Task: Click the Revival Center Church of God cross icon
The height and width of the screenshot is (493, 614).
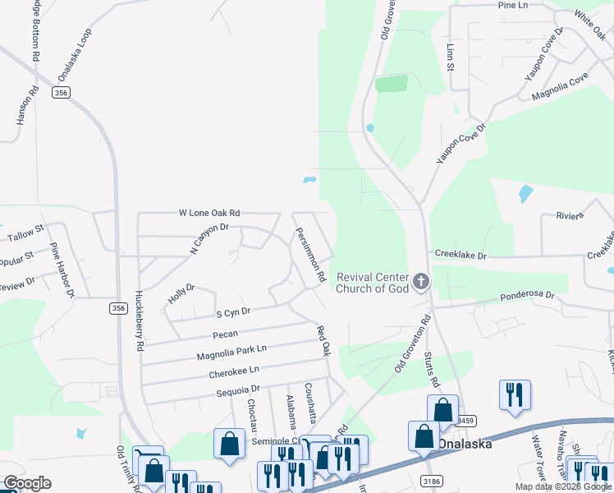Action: click(x=421, y=283)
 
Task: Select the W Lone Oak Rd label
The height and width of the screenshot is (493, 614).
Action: click(x=209, y=212)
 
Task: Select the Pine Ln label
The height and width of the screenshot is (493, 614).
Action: click(x=512, y=5)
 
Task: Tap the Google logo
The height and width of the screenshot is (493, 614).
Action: click(x=27, y=483)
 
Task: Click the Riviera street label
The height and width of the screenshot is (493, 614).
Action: click(x=569, y=215)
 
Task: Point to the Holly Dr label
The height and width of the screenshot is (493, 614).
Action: click(x=180, y=294)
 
